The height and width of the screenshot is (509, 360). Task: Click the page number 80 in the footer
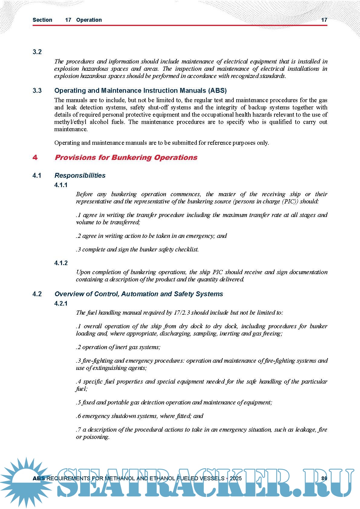coord(324,478)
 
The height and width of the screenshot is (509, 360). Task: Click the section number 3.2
coord(37,52)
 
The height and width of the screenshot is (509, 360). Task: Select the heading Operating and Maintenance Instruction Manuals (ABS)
coord(140,91)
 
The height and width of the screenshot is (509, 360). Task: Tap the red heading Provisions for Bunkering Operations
coord(126,157)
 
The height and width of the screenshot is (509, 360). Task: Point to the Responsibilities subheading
coord(80,176)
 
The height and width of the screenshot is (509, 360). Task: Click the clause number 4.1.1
coord(61,185)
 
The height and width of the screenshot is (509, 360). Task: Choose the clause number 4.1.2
coord(61,263)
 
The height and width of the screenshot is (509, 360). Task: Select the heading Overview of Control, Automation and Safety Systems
coord(139,294)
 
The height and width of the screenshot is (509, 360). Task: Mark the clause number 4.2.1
coord(61,303)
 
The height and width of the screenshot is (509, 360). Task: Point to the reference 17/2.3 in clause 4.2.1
coord(182,313)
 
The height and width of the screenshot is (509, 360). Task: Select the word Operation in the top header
coord(89,20)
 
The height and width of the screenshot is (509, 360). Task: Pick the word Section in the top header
coord(42,20)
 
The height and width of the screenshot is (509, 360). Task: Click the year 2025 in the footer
coord(235,478)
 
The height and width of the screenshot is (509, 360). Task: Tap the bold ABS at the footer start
coord(39,478)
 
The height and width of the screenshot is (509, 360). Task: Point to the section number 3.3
coord(37,91)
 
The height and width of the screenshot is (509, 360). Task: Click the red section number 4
coord(35,157)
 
